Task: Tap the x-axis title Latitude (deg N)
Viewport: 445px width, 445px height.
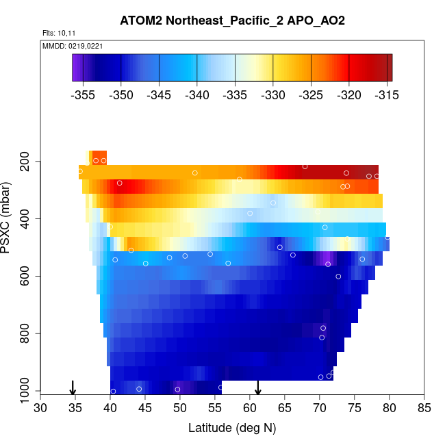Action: (x=232, y=428)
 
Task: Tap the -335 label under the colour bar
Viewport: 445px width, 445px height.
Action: (x=236, y=95)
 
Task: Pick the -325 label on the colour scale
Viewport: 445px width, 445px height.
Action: (x=311, y=95)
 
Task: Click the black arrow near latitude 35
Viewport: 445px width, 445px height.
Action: (x=73, y=387)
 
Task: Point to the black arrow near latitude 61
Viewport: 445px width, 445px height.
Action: (x=258, y=387)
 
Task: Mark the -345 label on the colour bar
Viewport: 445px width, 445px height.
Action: (x=160, y=95)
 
